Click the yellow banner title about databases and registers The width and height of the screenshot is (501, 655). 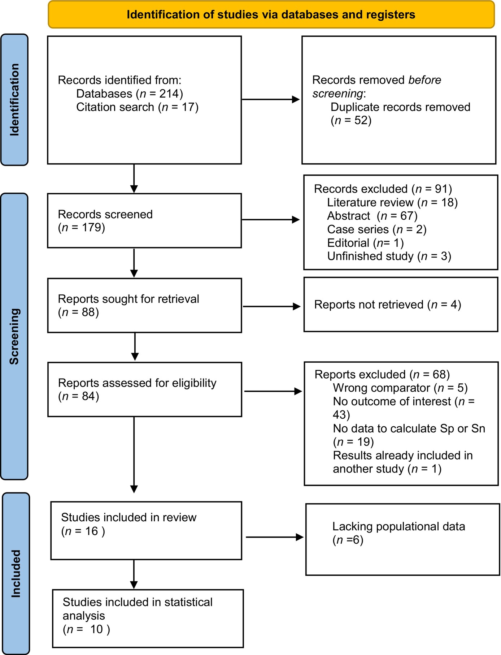271,14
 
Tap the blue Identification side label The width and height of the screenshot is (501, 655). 14,100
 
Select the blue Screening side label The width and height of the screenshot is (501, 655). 14,336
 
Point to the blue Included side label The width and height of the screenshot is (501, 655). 16,573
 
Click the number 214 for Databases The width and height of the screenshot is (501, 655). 169,94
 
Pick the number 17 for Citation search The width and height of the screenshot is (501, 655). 188,107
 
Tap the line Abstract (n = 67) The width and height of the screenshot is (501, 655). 372,216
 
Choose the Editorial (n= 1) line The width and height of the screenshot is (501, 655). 365,243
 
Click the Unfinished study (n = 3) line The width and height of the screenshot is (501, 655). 389,256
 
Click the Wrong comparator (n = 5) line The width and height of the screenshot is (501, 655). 400,388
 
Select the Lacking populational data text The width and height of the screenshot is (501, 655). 398,526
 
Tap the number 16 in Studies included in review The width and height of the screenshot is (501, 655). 92,531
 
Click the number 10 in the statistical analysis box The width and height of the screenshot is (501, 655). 96,629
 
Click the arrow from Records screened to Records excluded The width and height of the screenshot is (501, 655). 271,220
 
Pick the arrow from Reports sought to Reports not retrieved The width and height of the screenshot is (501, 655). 271,306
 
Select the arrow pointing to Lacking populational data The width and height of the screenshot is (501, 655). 275,537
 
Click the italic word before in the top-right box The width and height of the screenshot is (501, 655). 424,80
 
